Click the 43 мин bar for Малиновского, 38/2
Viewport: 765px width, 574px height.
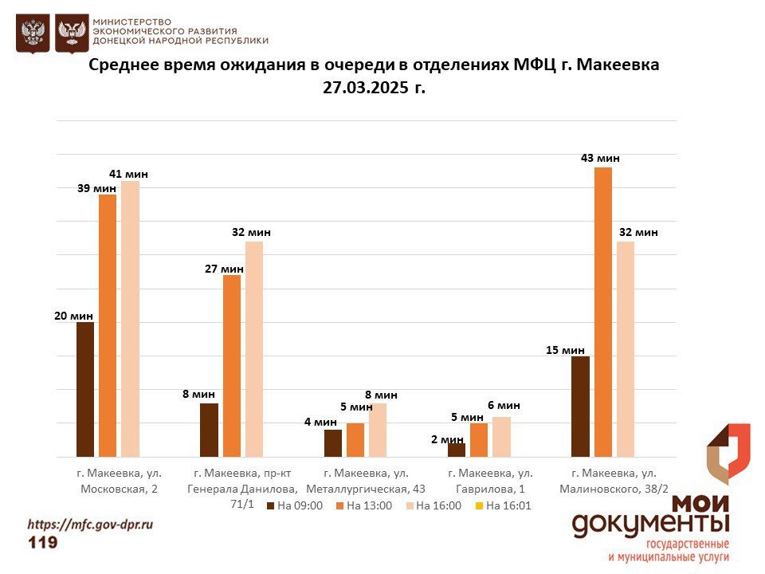(602, 312)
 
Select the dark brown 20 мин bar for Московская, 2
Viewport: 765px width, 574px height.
(85, 389)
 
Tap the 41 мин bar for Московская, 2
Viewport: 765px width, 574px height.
(130, 319)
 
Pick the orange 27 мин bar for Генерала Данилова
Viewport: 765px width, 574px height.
(232, 365)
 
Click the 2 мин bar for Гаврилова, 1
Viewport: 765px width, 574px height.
(457, 450)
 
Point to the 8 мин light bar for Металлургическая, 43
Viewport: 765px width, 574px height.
(378, 430)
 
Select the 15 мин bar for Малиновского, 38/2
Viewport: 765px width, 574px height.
(580, 406)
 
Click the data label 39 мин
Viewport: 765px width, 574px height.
(96, 187)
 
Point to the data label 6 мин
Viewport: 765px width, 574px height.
(504, 405)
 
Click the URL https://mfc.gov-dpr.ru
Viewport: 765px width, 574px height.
(89, 525)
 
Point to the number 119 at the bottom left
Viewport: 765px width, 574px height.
(42, 543)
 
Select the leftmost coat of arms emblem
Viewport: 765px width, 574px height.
(33, 33)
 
